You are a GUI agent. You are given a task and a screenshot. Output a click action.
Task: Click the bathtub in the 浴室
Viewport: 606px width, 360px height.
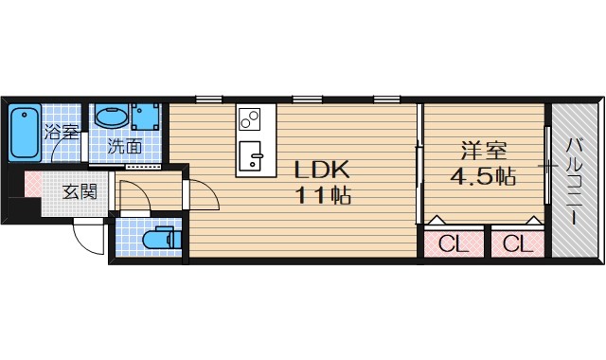(26, 132)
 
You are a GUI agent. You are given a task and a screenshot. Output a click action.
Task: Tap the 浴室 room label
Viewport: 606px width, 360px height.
(61, 133)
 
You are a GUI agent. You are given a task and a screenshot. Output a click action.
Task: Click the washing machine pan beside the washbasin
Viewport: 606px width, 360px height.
(145, 117)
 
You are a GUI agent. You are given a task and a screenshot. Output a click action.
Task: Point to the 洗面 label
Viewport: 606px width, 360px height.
(124, 146)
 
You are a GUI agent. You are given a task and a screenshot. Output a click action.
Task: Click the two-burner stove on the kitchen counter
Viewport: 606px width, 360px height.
(249, 118)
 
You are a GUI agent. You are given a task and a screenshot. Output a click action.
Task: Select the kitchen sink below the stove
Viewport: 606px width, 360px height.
(250, 155)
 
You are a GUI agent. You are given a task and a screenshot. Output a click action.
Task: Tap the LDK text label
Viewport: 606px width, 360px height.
(322, 170)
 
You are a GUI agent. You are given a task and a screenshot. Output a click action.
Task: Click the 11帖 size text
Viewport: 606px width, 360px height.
(323, 195)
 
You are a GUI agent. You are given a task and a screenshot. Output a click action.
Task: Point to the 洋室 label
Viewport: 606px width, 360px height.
(484, 151)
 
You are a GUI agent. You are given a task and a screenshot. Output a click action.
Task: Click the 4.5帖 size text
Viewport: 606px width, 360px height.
(483, 177)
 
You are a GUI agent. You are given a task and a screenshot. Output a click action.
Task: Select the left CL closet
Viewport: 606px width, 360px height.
(454, 243)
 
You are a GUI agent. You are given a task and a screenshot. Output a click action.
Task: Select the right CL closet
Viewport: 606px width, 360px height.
(518, 243)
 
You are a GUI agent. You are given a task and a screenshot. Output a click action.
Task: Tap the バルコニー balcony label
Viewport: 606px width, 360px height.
(575, 183)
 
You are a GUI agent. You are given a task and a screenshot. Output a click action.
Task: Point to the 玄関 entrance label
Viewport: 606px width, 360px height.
(80, 191)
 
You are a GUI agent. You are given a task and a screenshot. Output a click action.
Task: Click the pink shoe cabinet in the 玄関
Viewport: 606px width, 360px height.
(33, 184)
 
